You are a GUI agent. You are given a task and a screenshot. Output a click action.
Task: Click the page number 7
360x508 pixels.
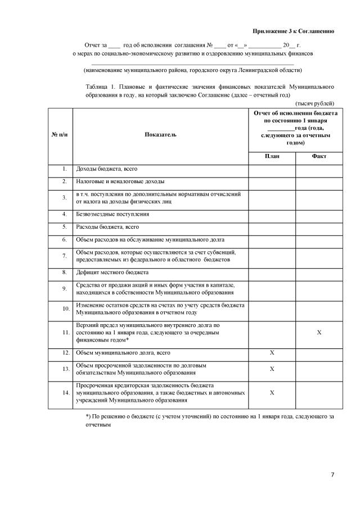tap(332, 475)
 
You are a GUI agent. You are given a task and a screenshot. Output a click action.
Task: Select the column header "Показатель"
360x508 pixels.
tap(160, 135)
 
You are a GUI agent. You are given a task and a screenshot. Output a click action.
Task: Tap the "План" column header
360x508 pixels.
tap(272, 157)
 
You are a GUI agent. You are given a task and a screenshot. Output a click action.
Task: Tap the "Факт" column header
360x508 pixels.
tap(319, 157)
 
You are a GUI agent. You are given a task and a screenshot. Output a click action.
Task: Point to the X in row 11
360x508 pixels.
tap(319, 333)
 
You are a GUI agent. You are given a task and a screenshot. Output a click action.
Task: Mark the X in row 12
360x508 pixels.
tap(272, 353)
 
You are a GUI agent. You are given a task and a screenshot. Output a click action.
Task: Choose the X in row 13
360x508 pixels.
tap(272, 369)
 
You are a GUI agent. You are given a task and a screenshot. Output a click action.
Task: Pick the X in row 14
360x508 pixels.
tap(272, 393)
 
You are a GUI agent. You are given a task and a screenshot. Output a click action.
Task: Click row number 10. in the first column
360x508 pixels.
tap(65, 309)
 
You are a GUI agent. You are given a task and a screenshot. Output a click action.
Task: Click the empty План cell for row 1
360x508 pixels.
tap(272, 169)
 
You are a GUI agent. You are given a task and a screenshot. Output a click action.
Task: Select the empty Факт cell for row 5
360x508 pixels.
tap(319, 228)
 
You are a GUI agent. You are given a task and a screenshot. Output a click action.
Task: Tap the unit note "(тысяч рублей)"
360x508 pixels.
tap(315, 103)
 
